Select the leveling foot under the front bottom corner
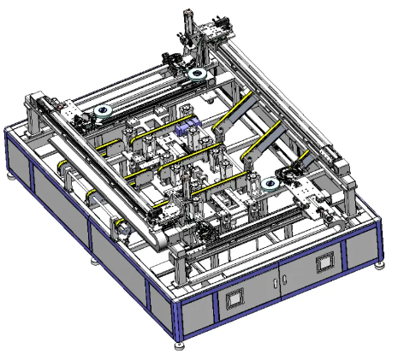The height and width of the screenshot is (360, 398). (x=179, y=345)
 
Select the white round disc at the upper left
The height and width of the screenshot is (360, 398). (x=104, y=111)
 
